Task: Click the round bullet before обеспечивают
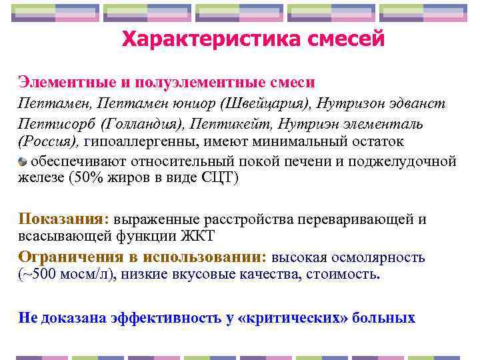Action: [x=23, y=161]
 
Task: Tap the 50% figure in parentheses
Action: [x=87, y=178]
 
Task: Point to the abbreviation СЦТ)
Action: [x=219, y=178]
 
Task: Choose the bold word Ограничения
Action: [x=73, y=257]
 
